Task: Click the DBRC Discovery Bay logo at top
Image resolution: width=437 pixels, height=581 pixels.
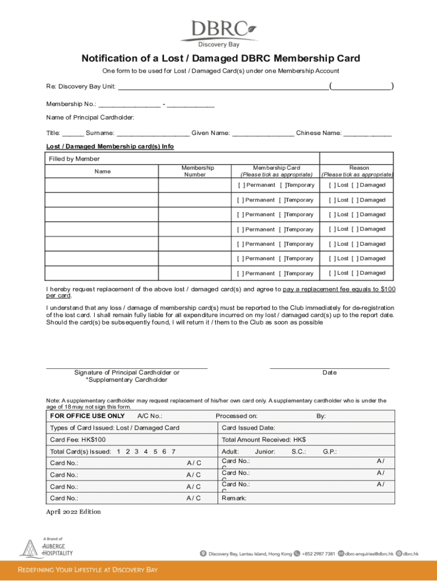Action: coord(218,33)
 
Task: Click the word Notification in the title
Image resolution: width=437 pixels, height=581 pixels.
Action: coord(109,58)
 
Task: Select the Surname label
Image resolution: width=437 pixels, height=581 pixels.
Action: coord(100,133)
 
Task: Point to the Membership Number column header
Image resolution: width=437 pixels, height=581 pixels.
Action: coord(198,171)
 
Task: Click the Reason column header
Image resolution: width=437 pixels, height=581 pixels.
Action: coord(359,171)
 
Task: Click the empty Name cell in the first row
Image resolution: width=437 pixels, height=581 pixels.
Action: coord(102,186)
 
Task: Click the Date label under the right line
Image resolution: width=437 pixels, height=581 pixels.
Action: coord(329,373)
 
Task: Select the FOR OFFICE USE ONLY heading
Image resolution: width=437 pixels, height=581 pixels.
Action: coord(87,416)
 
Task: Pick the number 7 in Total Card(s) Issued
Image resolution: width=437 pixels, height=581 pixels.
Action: coord(173,452)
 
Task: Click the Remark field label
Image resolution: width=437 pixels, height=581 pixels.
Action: coord(234,498)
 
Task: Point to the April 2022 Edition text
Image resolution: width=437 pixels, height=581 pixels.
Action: coord(73,512)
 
